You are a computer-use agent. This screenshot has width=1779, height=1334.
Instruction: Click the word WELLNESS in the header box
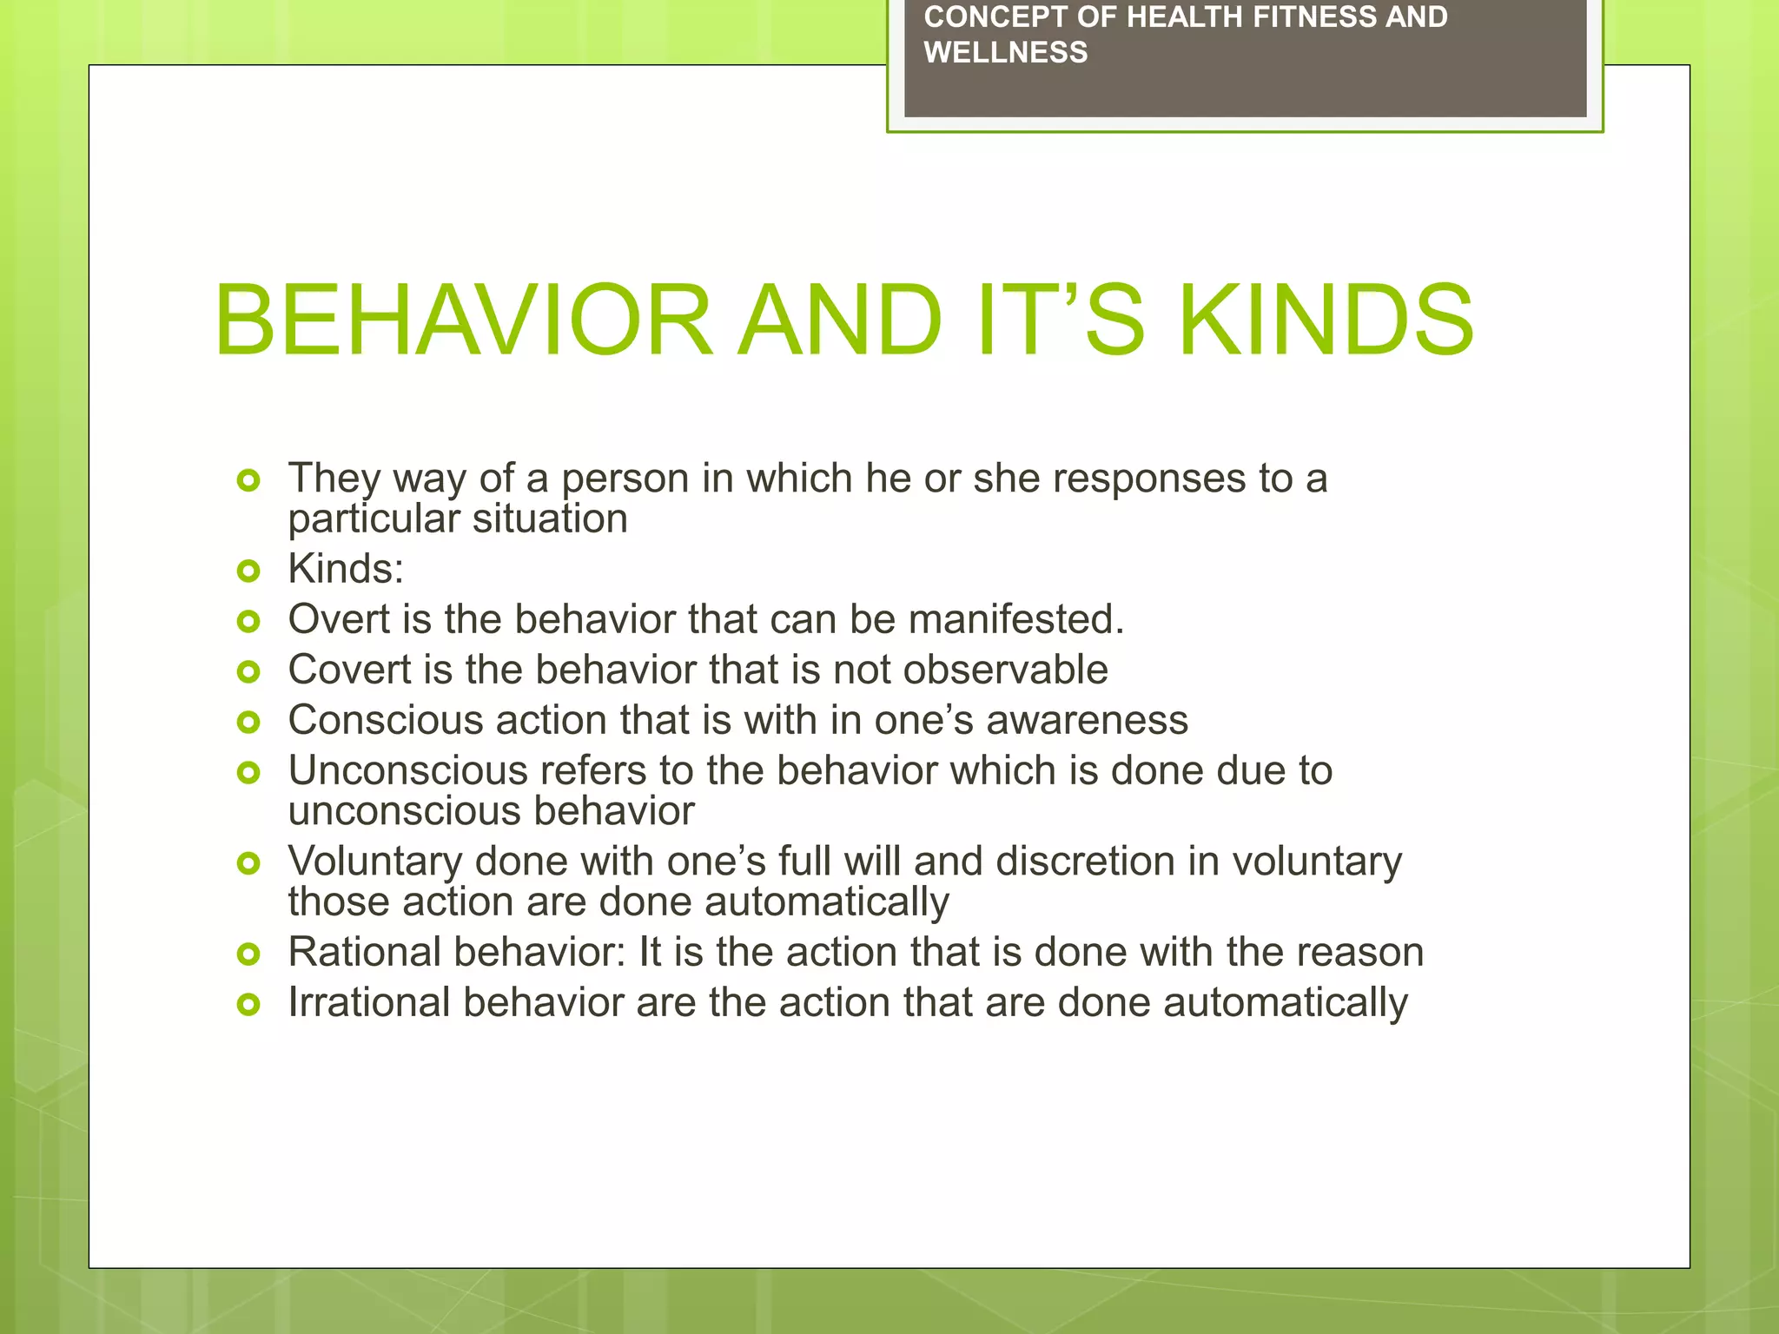point(1005,53)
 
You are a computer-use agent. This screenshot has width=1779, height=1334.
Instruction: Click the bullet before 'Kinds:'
point(248,571)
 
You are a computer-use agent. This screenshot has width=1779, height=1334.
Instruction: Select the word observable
point(1005,670)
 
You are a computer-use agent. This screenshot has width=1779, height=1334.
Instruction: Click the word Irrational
point(368,1002)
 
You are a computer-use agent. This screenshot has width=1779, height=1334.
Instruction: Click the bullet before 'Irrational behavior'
point(248,1005)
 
